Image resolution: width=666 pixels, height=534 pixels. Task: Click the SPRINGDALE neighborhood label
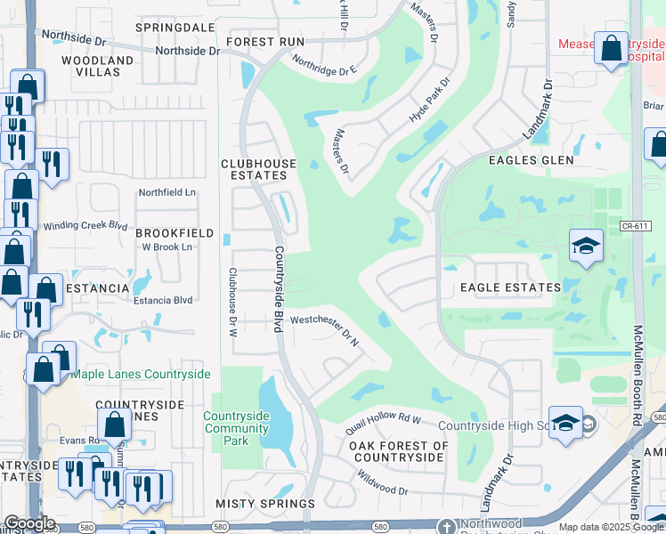click(175, 28)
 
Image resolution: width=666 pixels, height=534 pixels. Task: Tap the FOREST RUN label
click(265, 42)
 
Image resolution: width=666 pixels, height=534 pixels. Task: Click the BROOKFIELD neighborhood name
click(175, 233)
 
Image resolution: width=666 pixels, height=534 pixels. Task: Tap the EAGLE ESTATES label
click(510, 287)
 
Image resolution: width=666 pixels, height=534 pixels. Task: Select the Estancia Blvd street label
click(163, 300)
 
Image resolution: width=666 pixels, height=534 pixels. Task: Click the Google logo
click(29, 523)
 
